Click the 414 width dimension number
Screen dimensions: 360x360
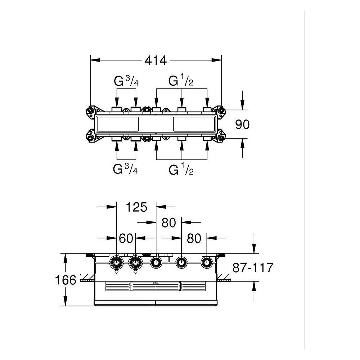tap(156, 60)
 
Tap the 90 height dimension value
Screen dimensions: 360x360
tap(242, 124)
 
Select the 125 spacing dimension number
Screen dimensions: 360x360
tap(136, 207)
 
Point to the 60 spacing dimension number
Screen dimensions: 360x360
tap(126, 238)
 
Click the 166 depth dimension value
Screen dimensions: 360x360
tap(66, 280)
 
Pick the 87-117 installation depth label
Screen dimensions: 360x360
tap(253, 268)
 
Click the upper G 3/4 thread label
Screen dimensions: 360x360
tap(126, 81)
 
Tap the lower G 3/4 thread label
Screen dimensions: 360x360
tap(125, 169)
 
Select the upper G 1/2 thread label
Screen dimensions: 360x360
tap(181, 81)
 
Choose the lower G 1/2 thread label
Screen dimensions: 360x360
tap(181, 170)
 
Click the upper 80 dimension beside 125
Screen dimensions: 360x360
tap(169, 223)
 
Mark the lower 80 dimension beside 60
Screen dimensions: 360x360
tap(194, 238)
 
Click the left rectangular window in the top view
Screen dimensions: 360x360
tap(118, 124)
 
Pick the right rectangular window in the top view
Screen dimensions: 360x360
tap(194, 124)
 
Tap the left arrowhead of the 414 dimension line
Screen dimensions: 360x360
tap(95, 60)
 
